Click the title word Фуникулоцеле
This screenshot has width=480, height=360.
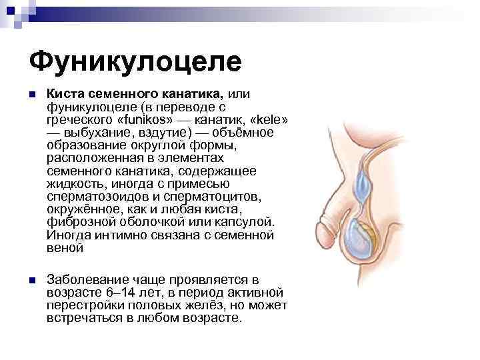135,62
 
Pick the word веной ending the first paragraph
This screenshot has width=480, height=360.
65,247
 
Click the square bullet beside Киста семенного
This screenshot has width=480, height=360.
32,96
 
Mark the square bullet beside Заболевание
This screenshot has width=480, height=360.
32,279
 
